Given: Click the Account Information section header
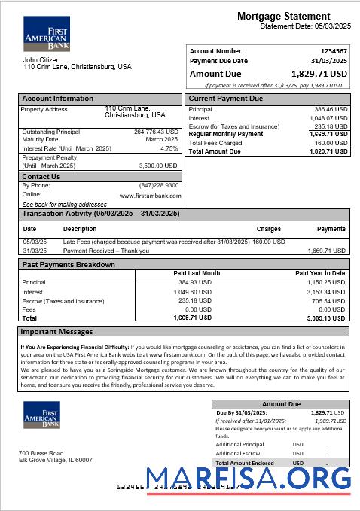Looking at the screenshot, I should pyautogui.click(x=58, y=99).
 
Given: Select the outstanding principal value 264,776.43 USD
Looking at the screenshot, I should pyautogui.click(x=156, y=132).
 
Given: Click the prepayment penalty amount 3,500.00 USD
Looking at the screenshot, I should pyautogui.click(x=158, y=166).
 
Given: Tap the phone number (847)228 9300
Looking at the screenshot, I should pyautogui.click(x=159, y=185).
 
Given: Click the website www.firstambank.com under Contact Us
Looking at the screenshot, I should pyautogui.click(x=149, y=195).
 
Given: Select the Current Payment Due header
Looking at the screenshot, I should pyautogui.click(x=226, y=99).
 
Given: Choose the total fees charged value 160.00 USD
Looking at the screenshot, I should pyautogui.click(x=331, y=143).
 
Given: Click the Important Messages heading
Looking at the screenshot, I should pyautogui.click(x=57, y=331).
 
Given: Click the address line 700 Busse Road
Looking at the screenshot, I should pyautogui.click(x=41, y=452).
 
